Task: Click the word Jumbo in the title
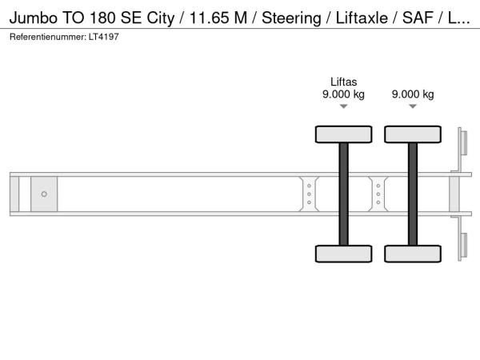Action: pyautogui.click(x=34, y=18)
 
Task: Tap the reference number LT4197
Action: pyautogui.click(x=104, y=37)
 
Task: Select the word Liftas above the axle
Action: pyautogui.click(x=343, y=82)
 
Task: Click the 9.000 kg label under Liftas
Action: pyautogui.click(x=343, y=94)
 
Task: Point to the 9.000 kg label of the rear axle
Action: pyautogui.click(x=413, y=94)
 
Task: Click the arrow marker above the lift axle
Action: pyautogui.click(x=344, y=106)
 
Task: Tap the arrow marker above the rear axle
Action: pyautogui.click(x=413, y=106)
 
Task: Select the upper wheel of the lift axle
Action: pyautogui.click(x=344, y=134)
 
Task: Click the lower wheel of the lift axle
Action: pyautogui.click(x=344, y=254)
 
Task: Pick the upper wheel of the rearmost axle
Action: pyautogui.click(x=413, y=134)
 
